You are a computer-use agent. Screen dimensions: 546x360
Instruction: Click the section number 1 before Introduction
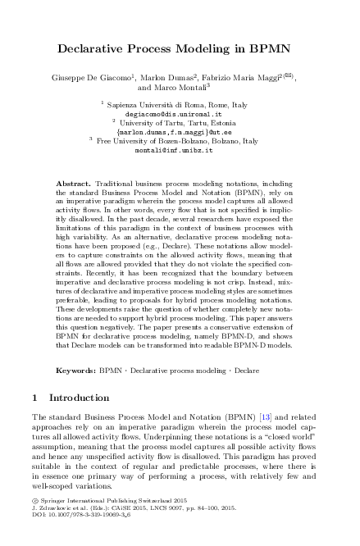[34, 398]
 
